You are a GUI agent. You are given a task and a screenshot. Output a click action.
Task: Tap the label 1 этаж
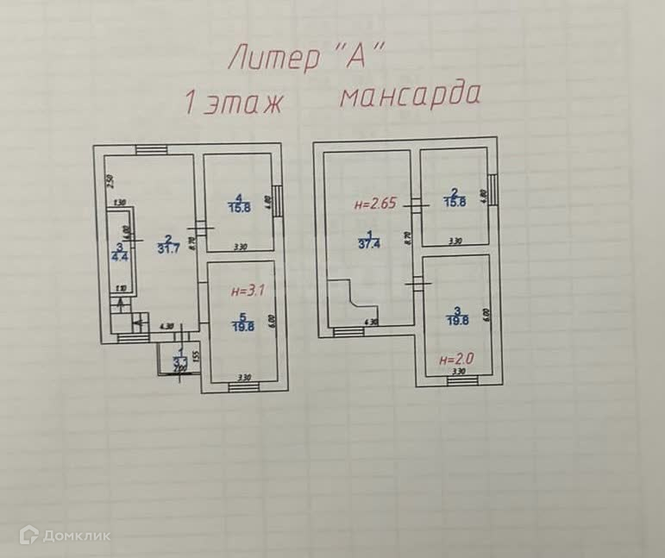pyautogui.click(x=235, y=103)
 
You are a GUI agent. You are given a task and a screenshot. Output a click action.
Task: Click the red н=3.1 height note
pyautogui.click(x=242, y=292)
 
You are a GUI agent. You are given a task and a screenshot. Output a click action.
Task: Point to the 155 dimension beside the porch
pyautogui.click(x=198, y=355)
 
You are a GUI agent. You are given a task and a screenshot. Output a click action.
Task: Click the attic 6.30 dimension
pyautogui.click(x=372, y=322)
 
